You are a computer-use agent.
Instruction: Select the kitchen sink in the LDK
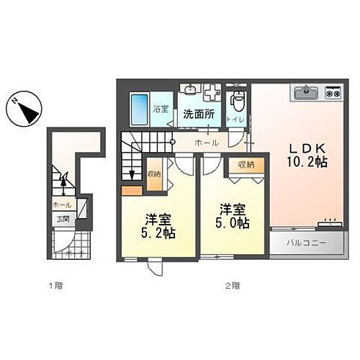pos(305,92)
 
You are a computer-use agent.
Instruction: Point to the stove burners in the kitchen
pos(332,92)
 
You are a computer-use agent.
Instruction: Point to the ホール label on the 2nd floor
pos(206,143)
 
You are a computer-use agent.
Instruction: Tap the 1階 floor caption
pos(55,286)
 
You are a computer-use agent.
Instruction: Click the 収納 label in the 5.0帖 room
pos(246,165)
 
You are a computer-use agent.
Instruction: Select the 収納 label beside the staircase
pos(153,174)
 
